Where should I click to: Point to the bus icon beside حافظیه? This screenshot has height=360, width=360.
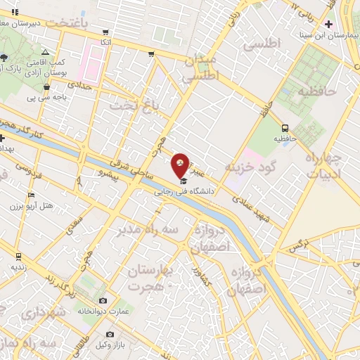coord(285,128)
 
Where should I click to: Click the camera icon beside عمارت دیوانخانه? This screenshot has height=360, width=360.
coord(103,300)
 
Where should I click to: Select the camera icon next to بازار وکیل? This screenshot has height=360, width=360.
coord(110,335)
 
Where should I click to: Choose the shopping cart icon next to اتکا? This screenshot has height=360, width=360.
coord(105,32)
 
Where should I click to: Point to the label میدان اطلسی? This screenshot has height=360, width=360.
coord(202,68)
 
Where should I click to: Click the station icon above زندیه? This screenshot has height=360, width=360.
coord(18,256)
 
